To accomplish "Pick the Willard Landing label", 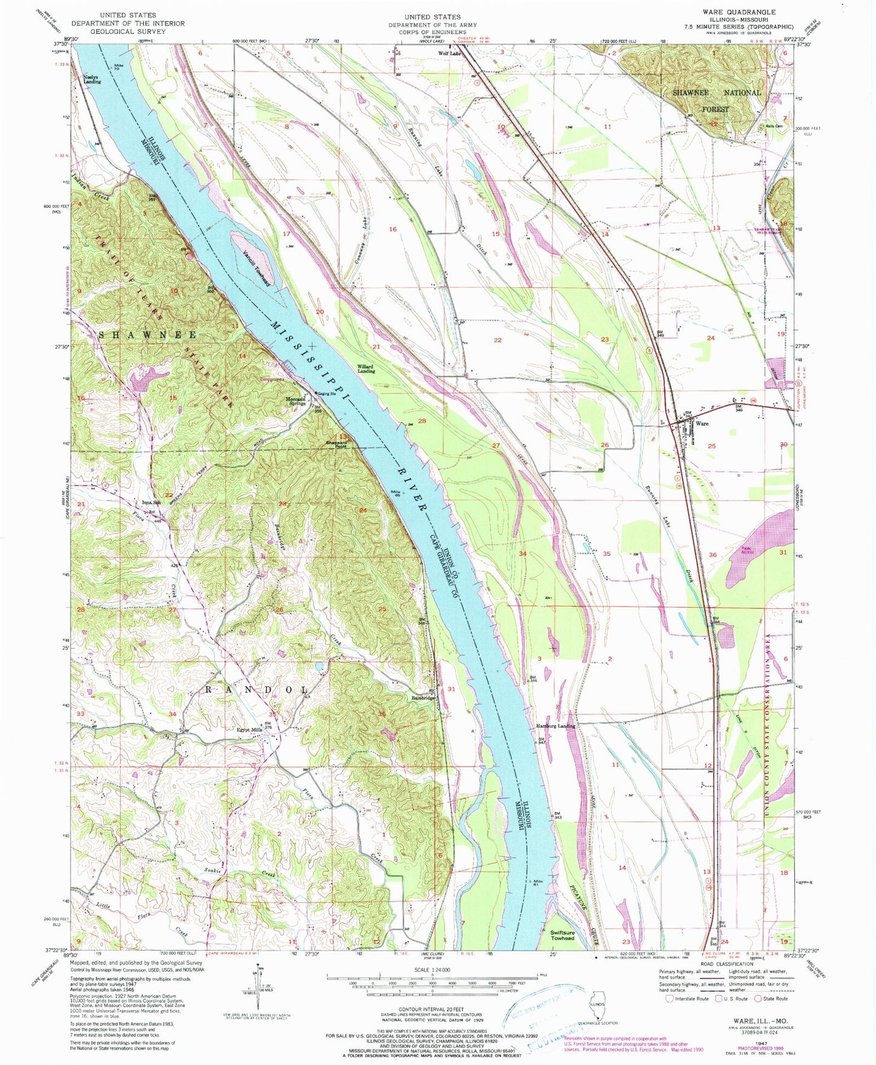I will pyautogui.click(x=366, y=369).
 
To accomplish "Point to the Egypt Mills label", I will pyautogui.click(x=249, y=730).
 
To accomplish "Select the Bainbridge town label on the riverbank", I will pyautogui.click(x=423, y=698).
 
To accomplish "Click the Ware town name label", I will pyautogui.click(x=702, y=423).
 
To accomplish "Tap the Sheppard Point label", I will pyautogui.click(x=336, y=445).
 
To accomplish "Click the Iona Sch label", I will pyautogui.click(x=152, y=503).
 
